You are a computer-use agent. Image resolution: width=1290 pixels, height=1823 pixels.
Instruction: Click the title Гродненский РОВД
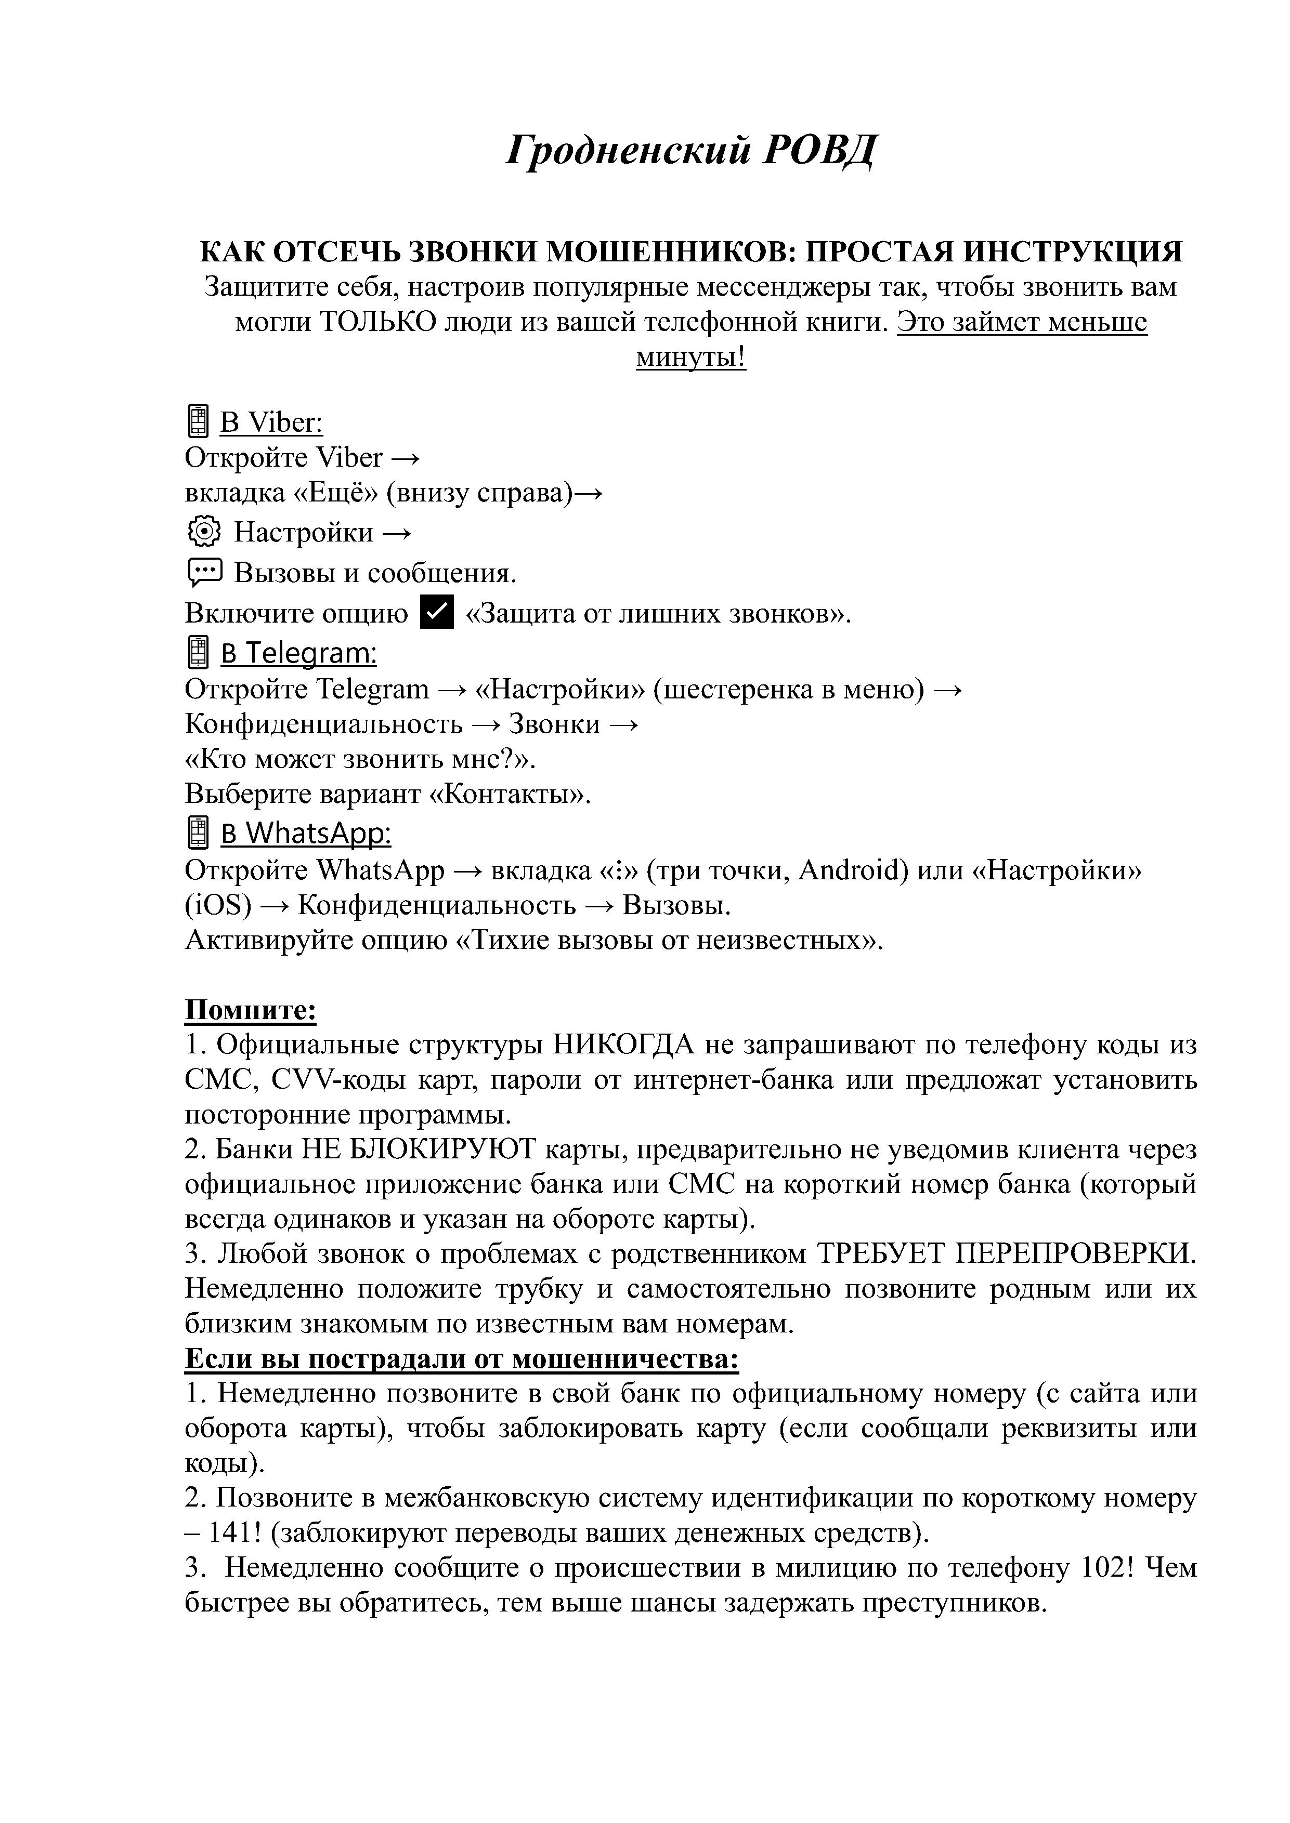(690, 149)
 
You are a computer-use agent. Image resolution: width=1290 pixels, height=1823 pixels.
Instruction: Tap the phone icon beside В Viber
(197, 421)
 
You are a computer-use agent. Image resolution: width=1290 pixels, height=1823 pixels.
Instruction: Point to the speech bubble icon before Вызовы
(204, 572)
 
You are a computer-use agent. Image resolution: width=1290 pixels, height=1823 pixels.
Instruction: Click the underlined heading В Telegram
(298, 653)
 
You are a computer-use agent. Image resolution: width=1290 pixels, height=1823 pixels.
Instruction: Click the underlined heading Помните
(250, 1011)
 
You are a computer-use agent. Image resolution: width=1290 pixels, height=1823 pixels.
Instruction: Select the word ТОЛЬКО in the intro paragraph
(369, 322)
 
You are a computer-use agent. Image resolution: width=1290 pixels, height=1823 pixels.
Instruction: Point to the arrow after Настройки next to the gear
(396, 533)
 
